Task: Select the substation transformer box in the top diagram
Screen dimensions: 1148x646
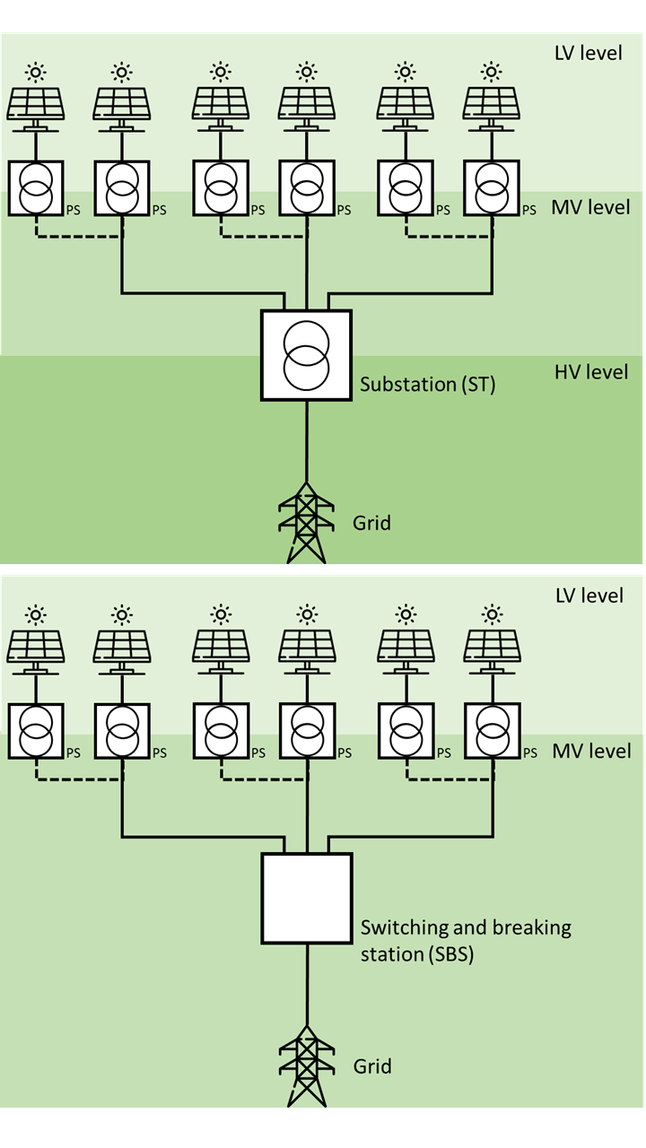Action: click(x=306, y=355)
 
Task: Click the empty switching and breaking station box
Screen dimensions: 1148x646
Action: click(x=306, y=898)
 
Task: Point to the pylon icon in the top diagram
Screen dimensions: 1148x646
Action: click(x=307, y=524)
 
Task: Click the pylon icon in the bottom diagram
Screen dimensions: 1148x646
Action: click(x=307, y=1067)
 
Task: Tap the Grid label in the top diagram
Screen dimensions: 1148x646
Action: click(x=371, y=522)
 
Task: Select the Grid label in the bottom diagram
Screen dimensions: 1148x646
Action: click(x=371, y=1066)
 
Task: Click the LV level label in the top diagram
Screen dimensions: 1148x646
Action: click(x=588, y=52)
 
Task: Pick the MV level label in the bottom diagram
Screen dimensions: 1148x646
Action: click(x=590, y=751)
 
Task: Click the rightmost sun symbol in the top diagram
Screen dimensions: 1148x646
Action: click(x=491, y=71)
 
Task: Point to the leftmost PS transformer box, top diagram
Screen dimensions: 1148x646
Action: click(x=36, y=188)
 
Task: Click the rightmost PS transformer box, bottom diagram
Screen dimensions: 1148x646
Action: click(x=492, y=731)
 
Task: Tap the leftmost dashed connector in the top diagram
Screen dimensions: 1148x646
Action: click(x=79, y=237)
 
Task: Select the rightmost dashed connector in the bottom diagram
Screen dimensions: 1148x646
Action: click(x=449, y=779)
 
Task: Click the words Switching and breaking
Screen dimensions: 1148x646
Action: click(x=465, y=927)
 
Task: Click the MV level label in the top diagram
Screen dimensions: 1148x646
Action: click(x=590, y=207)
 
